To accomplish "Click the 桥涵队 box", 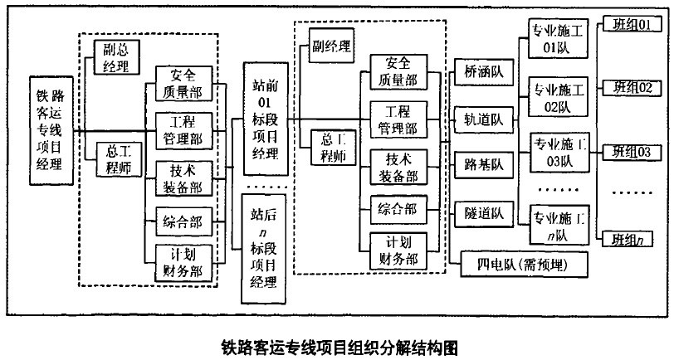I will (x=484, y=75).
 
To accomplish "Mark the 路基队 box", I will (x=484, y=167).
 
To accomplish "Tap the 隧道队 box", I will (x=484, y=213).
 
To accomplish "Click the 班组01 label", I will (x=631, y=24).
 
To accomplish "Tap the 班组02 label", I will (x=631, y=87).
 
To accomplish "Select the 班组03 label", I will (x=631, y=151).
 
